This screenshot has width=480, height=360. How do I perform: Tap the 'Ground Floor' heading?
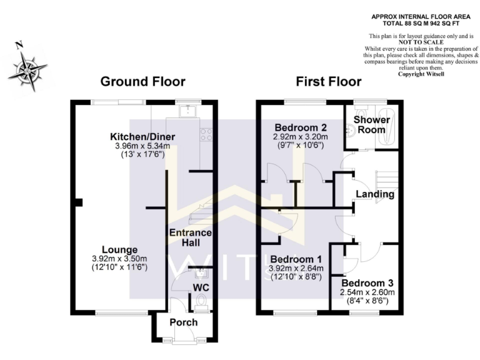pos(142,82)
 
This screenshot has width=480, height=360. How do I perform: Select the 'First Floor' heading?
pos(328,82)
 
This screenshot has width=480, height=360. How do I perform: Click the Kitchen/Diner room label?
pos(142,137)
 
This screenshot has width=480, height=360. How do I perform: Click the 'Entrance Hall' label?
pos(191,237)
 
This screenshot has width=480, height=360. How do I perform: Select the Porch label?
pos(184,322)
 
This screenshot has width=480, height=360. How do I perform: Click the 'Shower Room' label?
pos(372,124)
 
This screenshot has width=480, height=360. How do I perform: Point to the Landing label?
pos(374,194)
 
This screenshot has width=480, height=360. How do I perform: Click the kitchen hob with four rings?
pos(205,134)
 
